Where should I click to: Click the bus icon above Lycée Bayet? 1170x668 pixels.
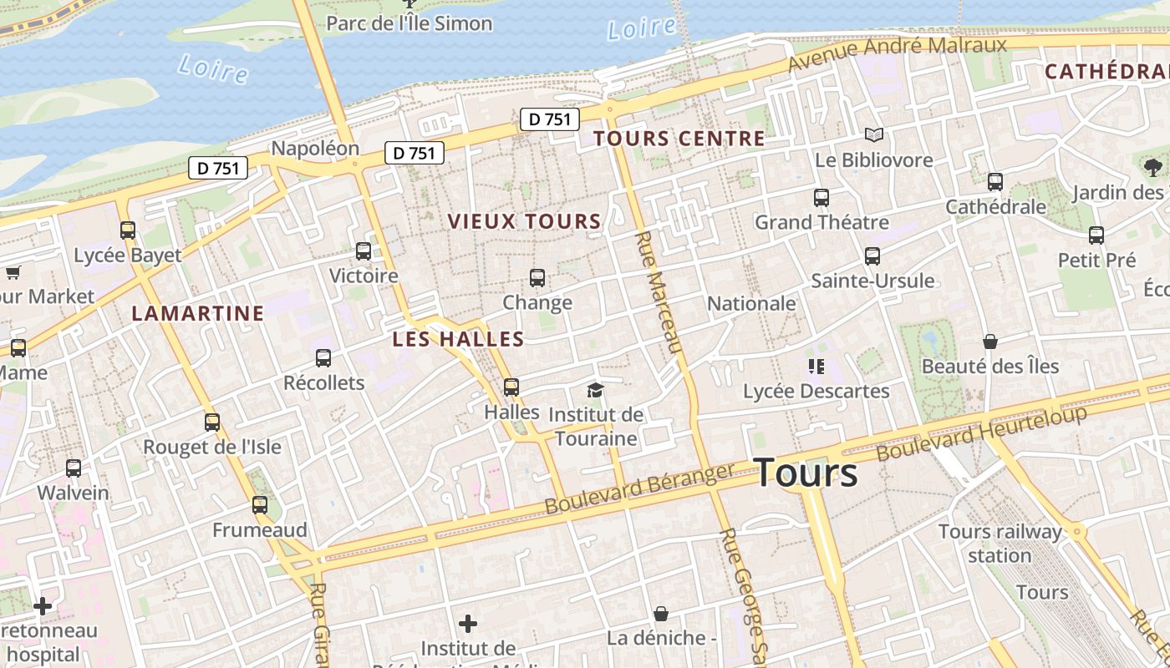(128, 230)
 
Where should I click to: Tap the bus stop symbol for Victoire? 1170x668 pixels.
(364, 250)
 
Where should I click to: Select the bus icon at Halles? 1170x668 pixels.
(511, 387)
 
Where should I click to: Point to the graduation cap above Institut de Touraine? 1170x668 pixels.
(595, 390)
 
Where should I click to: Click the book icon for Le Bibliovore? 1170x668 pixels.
(874, 134)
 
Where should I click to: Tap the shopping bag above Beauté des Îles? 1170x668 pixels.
(990, 342)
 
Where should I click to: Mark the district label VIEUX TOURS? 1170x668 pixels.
(524, 221)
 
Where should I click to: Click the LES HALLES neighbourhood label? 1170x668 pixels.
(458, 339)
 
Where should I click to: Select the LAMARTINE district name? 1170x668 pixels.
(198, 314)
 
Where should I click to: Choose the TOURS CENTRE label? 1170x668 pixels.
(679, 139)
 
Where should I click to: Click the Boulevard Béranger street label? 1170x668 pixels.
(639, 489)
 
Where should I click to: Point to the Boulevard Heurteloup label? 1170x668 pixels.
(982, 433)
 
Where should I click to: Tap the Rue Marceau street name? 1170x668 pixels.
(659, 292)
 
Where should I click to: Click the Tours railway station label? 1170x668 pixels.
(1000, 544)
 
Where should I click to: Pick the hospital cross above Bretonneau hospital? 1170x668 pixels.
(43, 605)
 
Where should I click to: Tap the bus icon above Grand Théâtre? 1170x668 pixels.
(822, 198)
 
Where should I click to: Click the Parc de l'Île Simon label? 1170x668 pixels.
(409, 23)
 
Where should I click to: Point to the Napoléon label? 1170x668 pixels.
(315, 149)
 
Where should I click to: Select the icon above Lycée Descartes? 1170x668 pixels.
(816, 366)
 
